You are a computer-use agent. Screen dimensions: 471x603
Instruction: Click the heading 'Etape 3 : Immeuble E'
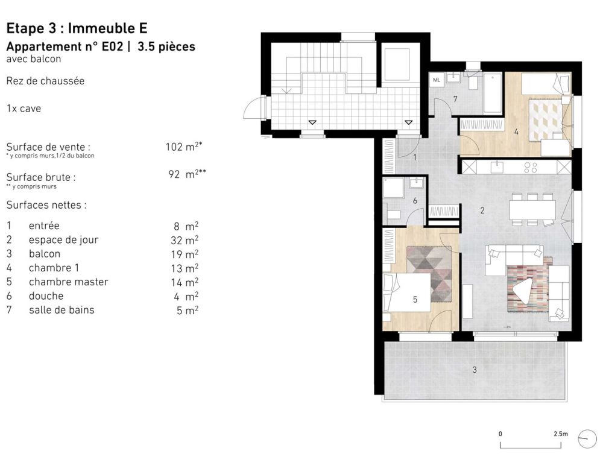click(76, 28)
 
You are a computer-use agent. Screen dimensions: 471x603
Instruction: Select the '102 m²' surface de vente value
click(182, 147)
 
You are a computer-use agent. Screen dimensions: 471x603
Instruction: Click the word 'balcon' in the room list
click(45, 254)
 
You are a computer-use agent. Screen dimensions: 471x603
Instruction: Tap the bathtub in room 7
click(493, 93)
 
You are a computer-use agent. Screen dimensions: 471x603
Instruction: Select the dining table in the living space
click(532, 209)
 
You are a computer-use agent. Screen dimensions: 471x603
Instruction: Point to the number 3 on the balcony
click(474, 370)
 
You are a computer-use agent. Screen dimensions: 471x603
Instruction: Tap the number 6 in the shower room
click(415, 201)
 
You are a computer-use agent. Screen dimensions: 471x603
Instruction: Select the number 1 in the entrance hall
click(415, 157)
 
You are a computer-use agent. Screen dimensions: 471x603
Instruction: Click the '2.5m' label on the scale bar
click(560, 434)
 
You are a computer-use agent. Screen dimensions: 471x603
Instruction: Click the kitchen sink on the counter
click(497, 166)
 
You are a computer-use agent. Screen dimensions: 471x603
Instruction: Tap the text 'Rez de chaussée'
click(45, 81)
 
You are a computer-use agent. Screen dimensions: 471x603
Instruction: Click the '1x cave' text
click(24, 109)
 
